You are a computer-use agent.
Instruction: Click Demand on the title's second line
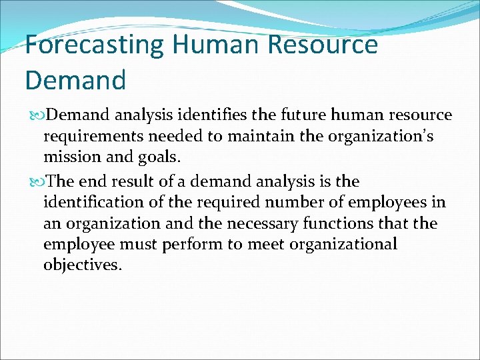tap(75, 80)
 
